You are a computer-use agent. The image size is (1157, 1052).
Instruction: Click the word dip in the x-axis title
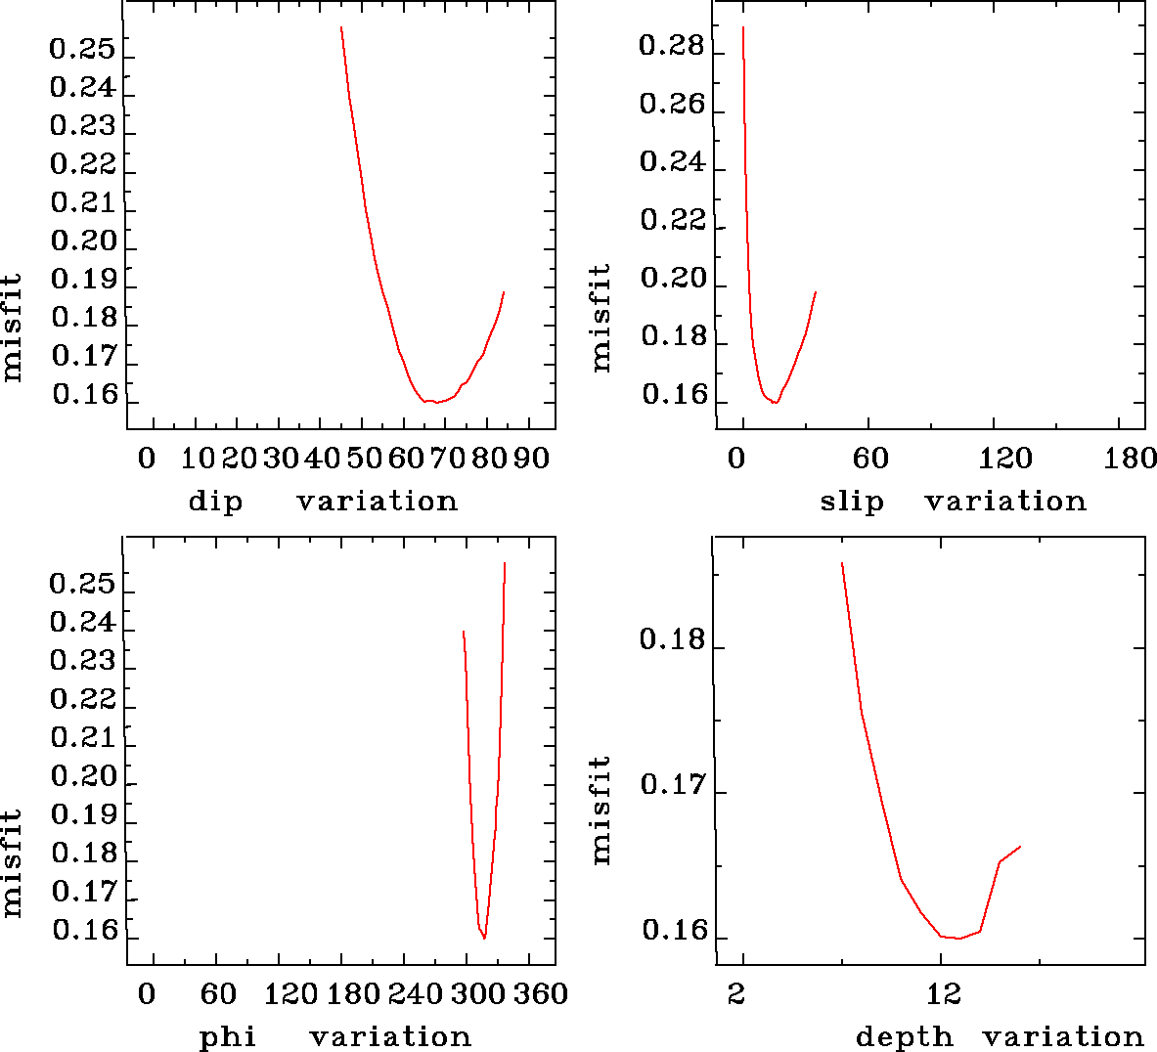(x=215, y=502)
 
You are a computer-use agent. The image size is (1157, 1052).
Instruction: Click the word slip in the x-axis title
(x=851, y=502)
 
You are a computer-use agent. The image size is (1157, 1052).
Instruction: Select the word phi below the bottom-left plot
(x=228, y=1037)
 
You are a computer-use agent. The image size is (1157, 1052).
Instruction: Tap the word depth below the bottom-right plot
(x=904, y=1037)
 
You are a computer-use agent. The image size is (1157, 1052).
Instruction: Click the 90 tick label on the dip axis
(x=531, y=459)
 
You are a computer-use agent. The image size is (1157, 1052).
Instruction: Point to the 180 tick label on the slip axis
(x=1130, y=459)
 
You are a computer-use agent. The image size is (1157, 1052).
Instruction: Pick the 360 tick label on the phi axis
(x=541, y=994)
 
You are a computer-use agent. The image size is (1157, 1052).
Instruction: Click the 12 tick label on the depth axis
(x=943, y=994)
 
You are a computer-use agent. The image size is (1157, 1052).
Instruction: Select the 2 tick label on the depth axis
(x=736, y=994)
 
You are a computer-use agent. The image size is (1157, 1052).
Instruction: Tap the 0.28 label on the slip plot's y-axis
(x=672, y=46)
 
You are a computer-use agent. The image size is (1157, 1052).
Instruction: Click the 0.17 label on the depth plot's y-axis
(x=672, y=784)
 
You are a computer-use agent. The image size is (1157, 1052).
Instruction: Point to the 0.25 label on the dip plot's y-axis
(x=82, y=49)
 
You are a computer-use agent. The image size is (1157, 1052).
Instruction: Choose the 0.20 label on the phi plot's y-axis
(x=82, y=776)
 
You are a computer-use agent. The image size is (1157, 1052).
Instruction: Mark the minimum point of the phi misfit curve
(x=484, y=939)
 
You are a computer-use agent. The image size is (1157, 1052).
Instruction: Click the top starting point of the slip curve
(x=743, y=27)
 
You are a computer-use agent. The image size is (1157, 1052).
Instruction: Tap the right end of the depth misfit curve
(x=1020, y=847)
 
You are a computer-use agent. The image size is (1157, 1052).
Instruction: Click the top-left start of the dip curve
(x=341, y=27)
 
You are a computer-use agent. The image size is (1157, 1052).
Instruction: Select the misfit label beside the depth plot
(x=601, y=810)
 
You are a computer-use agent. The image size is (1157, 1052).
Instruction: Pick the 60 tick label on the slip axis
(x=870, y=459)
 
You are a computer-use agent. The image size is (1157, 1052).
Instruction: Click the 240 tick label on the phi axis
(x=417, y=994)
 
